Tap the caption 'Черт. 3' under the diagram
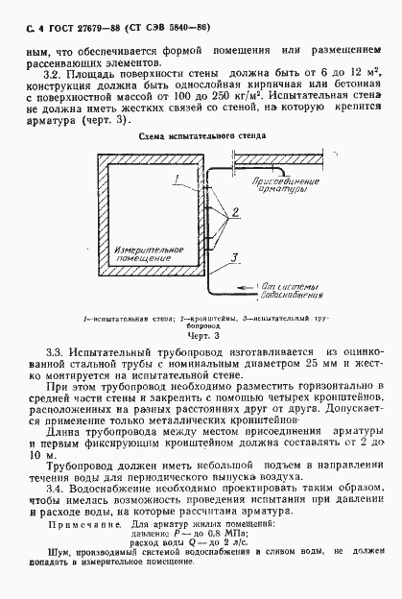tap(202, 338)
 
